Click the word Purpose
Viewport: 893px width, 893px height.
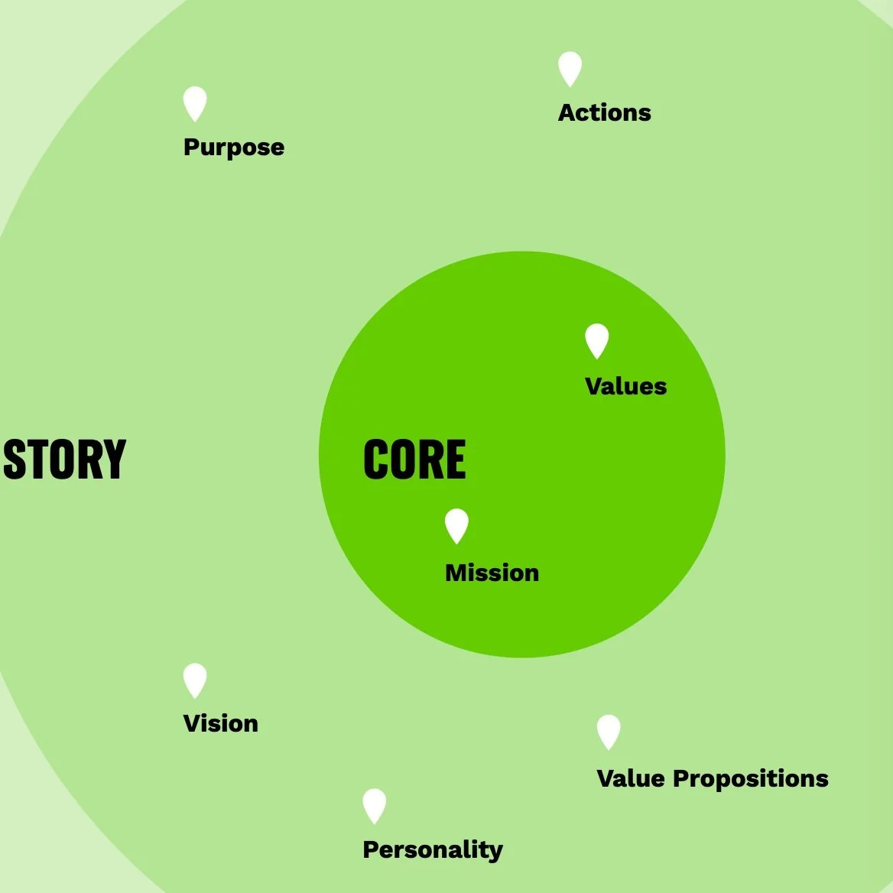(x=233, y=147)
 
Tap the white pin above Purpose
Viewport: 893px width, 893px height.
(x=195, y=102)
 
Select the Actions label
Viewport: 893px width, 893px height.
(x=604, y=112)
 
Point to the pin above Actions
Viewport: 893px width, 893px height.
(x=570, y=68)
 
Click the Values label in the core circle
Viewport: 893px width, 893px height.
(x=625, y=386)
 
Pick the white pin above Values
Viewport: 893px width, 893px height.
(x=596, y=340)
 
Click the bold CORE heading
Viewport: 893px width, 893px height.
(x=414, y=459)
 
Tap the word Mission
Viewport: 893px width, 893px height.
(x=492, y=573)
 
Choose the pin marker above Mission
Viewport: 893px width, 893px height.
(x=456, y=525)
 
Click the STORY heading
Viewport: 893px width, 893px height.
(x=64, y=459)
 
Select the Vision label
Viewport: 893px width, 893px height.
(x=220, y=723)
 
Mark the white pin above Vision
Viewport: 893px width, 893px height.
(x=195, y=680)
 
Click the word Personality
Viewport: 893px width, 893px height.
(x=432, y=849)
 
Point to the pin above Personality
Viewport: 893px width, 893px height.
(x=374, y=805)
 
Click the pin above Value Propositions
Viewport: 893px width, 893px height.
(x=609, y=731)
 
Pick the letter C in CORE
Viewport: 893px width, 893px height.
(x=375, y=459)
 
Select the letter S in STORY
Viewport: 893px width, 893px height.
(x=15, y=459)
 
